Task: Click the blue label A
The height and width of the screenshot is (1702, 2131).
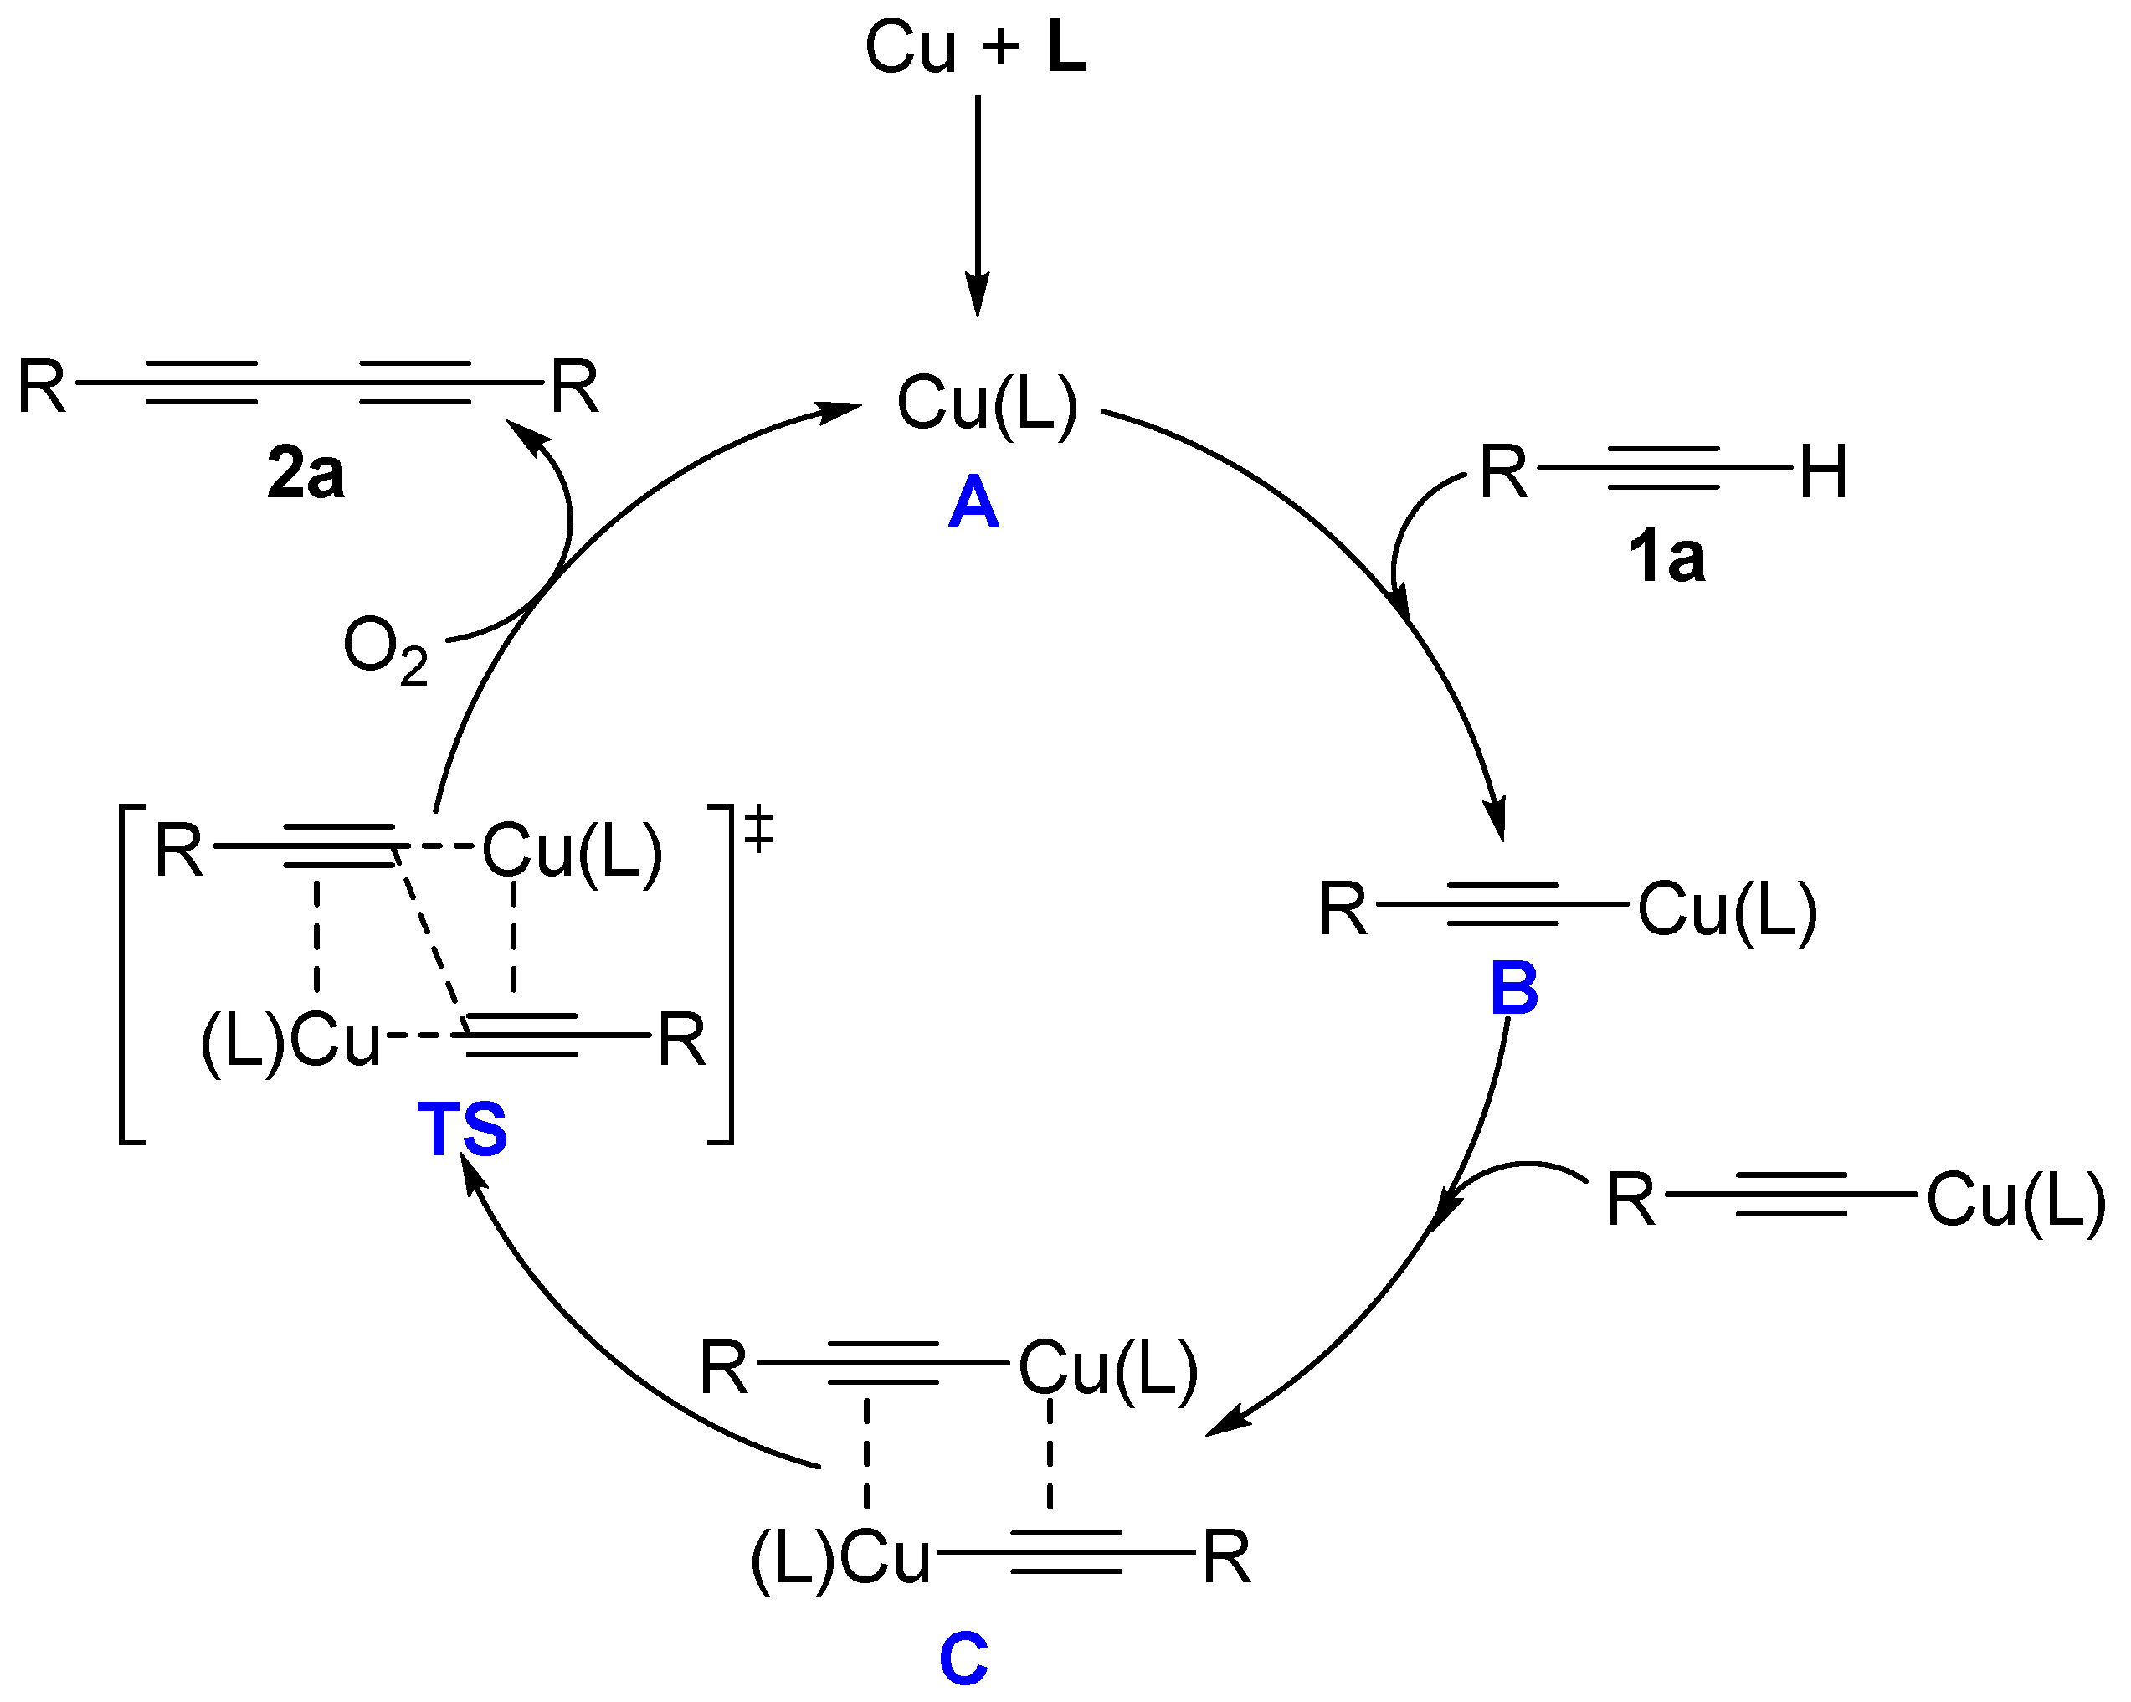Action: click(973, 503)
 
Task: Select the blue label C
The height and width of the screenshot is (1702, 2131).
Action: click(963, 1658)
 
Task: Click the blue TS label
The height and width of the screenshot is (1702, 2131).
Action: click(461, 1129)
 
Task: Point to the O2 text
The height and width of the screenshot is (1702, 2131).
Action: click(384, 650)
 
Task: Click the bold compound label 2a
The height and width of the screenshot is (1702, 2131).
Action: click(306, 474)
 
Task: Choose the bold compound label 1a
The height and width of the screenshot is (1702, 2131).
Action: click(1666, 558)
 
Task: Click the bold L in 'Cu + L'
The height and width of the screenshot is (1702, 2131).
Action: click(1066, 48)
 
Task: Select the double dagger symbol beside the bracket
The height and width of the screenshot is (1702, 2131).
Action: click(758, 828)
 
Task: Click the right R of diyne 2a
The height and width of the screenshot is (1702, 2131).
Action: click(575, 388)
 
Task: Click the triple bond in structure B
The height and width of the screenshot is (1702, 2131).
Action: click(1502, 904)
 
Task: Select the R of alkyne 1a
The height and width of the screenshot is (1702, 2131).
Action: click(1503, 472)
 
